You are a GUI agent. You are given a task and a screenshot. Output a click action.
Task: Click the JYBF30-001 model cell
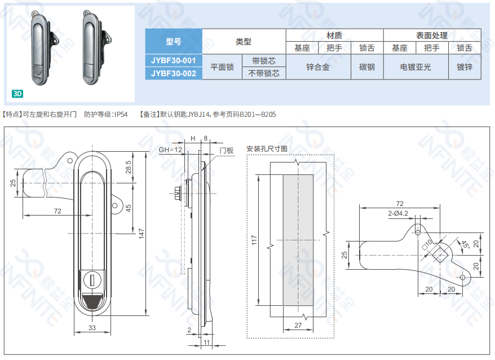pos(174,60)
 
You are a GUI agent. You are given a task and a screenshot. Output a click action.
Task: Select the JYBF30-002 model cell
pos(174,73)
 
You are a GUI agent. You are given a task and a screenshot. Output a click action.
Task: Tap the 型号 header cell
pos(174,41)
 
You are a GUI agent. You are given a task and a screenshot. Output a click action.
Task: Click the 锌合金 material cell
pos(318,67)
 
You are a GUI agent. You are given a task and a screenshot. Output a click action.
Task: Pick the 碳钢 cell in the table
pos(367,67)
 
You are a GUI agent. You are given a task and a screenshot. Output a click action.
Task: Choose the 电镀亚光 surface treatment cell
pos(416,67)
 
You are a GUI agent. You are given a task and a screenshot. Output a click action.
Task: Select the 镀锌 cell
pos(465,67)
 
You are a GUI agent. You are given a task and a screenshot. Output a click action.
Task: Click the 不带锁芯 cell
pos(264,73)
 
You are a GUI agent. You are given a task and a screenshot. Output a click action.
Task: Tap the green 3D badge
pos(17,93)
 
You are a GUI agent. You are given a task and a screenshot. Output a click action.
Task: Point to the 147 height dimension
pos(142,232)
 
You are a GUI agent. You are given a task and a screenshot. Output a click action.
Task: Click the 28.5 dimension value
pos(128,168)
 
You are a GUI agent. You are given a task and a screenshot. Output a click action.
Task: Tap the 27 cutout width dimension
pos(298,326)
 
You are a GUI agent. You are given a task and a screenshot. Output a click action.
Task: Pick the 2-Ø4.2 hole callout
pos(398,213)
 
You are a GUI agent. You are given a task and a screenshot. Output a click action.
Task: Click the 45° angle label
pos(465,245)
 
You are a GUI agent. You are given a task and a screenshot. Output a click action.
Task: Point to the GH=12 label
pos(170,150)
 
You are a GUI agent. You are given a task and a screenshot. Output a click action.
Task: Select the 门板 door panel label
pos(227,150)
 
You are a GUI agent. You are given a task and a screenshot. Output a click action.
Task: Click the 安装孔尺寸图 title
pos(267,149)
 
